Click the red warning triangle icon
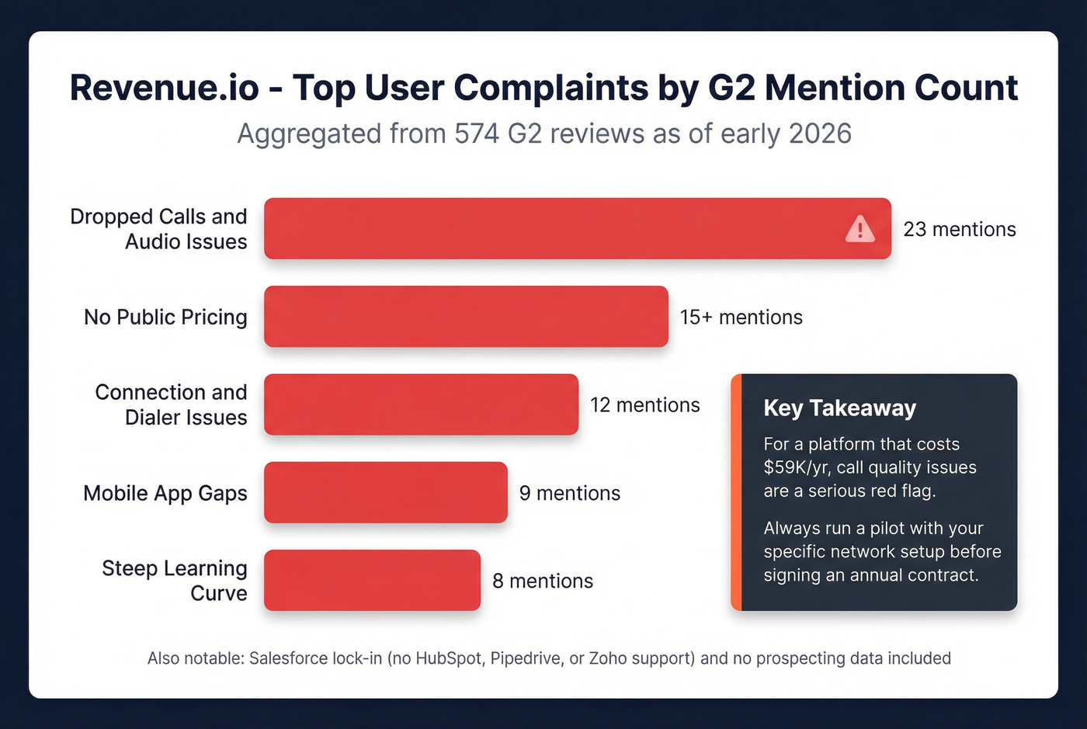pyautogui.click(x=860, y=229)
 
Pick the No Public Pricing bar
pyautogui.click(x=466, y=317)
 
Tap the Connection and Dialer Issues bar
pyautogui.click(x=421, y=404)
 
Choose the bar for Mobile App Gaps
pyautogui.click(x=385, y=492)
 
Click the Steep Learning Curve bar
pyautogui.click(x=372, y=580)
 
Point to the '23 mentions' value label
pyautogui.click(x=959, y=229)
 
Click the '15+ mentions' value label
pyautogui.click(x=741, y=317)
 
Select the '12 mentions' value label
pyautogui.click(x=644, y=404)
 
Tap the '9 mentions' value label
pyautogui.click(x=569, y=493)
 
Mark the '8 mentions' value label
pyautogui.click(x=542, y=581)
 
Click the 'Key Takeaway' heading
pyautogui.click(x=839, y=408)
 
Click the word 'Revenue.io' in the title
pyautogui.click(x=164, y=88)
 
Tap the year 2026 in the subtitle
pyautogui.click(x=820, y=134)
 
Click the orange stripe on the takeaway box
pyautogui.click(x=736, y=492)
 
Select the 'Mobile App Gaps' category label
pyautogui.click(x=165, y=493)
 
